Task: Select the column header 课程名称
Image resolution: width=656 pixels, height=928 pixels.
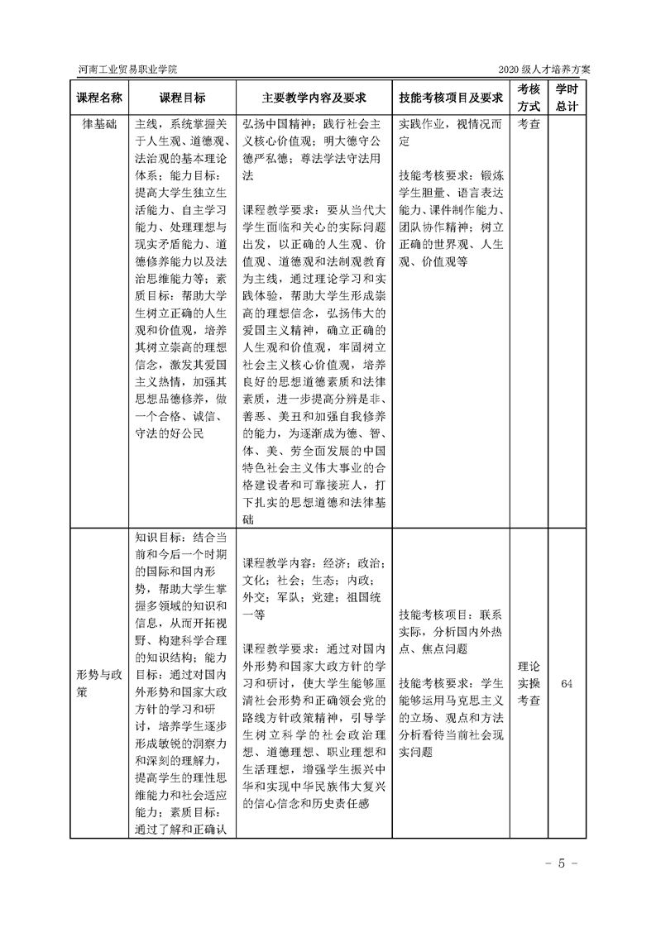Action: tap(99, 97)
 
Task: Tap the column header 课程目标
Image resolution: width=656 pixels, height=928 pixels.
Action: tap(182, 97)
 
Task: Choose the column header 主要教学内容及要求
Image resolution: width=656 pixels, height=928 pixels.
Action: tap(314, 97)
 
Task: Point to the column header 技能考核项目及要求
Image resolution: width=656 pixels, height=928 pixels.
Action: tap(451, 97)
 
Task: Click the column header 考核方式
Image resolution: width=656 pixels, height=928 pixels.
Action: tap(529, 97)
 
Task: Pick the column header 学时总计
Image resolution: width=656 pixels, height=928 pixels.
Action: tap(567, 97)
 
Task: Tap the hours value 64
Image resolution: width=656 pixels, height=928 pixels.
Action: tap(567, 683)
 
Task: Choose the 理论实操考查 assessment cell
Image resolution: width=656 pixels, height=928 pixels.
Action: tap(529, 683)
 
